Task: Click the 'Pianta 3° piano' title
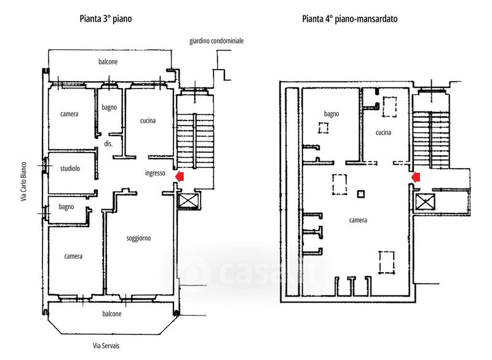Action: click(x=106, y=19)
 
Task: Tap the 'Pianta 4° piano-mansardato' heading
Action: click(x=349, y=19)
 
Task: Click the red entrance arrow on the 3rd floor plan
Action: click(x=180, y=176)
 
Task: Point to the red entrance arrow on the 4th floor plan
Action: click(x=416, y=177)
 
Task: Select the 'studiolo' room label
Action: click(x=70, y=169)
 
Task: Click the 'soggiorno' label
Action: click(x=138, y=238)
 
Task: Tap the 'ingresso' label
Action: click(x=155, y=174)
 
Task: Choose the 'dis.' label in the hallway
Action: click(x=108, y=144)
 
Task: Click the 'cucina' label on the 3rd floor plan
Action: click(x=148, y=121)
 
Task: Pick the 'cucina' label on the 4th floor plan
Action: click(x=383, y=132)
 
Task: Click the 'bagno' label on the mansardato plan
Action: click(x=331, y=114)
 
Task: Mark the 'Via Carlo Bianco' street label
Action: click(x=23, y=182)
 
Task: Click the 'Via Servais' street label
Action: click(x=106, y=346)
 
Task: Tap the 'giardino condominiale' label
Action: click(x=216, y=41)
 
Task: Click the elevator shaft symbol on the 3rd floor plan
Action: click(x=188, y=201)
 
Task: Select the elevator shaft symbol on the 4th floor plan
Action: click(x=425, y=202)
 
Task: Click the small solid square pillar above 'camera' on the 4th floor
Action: click(x=361, y=194)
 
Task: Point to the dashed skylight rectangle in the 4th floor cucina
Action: click(x=390, y=107)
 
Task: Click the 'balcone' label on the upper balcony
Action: click(x=108, y=62)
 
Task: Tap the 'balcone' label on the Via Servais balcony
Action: click(x=112, y=314)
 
